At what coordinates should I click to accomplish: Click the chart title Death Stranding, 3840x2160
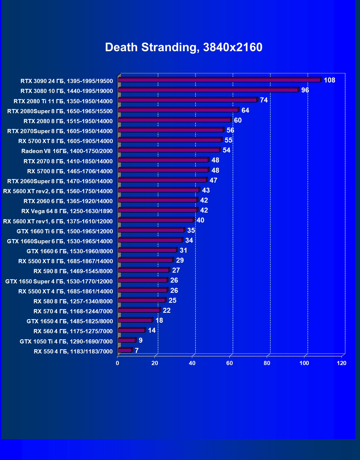tap(184, 47)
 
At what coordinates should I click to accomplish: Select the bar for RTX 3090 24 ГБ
tap(219, 80)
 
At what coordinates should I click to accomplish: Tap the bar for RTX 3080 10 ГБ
tap(208, 90)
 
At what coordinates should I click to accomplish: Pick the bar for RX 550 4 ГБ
tap(125, 350)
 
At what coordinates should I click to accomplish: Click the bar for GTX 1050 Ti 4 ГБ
tap(127, 340)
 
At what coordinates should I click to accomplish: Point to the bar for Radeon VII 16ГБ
tap(169, 150)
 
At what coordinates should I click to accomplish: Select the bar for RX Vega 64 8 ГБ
tap(158, 210)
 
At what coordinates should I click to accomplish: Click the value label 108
tap(329, 80)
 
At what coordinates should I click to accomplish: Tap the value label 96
tap(305, 90)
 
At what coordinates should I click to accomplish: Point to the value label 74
tap(264, 100)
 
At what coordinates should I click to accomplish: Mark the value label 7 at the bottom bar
tap(137, 351)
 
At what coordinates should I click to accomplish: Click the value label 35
tap(191, 231)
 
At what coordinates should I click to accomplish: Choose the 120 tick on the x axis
tap(341, 363)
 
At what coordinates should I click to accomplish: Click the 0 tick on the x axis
tap(117, 363)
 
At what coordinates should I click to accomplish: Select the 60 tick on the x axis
tap(230, 363)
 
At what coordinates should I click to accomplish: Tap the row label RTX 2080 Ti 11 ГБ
tap(63, 101)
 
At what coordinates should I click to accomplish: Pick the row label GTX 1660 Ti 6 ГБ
tap(65, 231)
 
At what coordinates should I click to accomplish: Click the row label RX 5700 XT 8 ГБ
tap(66, 141)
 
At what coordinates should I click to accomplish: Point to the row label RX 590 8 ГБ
tap(73, 271)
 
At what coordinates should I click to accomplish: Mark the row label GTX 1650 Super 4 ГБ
tap(59, 281)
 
